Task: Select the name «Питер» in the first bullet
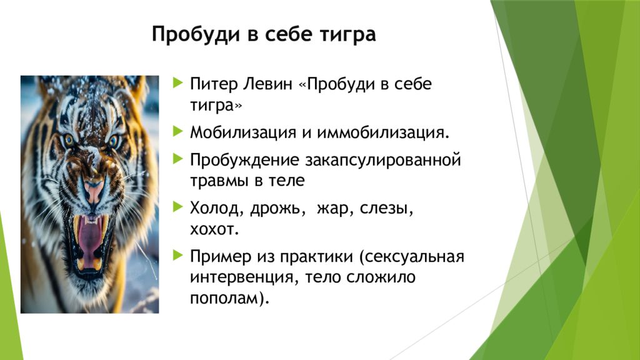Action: pyautogui.click(x=214, y=84)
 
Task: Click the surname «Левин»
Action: pyautogui.click(x=268, y=84)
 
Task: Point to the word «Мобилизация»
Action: pyautogui.click(x=243, y=133)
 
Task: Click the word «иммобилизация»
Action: pyautogui.click(x=383, y=133)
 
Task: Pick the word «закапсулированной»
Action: pyautogui.click(x=383, y=161)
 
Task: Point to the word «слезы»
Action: pyautogui.click(x=387, y=209)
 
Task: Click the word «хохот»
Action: pyautogui.click(x=214, y=229)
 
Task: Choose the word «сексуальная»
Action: pyautogui.click(x=414, y=257)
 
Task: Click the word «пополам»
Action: pyautogui.click(x=230, y=299)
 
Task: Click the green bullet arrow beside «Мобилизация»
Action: pyautogui.click(x=178, y=131)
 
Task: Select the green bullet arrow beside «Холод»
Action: pyautogui.click(x=178, y=207)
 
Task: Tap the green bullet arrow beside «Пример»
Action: pyautogui.click(x=178, y=255)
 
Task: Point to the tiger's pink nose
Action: pyautogui.click(x=94, y=189)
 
